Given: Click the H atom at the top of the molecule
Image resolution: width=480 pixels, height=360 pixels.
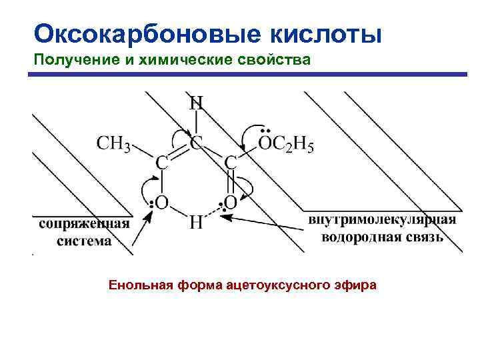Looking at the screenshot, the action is tap(196, 103).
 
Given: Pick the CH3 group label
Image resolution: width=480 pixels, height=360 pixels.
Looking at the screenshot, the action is tap(113, 143).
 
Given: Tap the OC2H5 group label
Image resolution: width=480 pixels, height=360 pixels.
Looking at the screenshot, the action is tap(285, 143).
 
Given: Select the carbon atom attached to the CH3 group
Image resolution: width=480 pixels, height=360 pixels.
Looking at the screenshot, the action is tap(161, 161).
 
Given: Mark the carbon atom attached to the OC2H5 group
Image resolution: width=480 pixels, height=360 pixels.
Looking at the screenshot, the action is tap(231, 161).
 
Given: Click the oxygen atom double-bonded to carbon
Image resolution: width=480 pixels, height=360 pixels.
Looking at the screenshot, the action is tap(231, 201).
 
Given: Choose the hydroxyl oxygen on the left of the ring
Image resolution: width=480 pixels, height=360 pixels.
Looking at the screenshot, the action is tap(161, 201).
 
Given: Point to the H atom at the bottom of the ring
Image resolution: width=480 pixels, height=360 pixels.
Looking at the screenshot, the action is tap(196, 222).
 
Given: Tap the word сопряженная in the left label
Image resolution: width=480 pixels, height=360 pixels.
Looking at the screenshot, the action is tap(74, 223).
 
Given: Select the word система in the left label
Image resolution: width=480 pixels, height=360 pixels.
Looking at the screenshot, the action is tap(84, 241).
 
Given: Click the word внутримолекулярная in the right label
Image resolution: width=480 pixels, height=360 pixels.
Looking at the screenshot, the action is tap(381, 221).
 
